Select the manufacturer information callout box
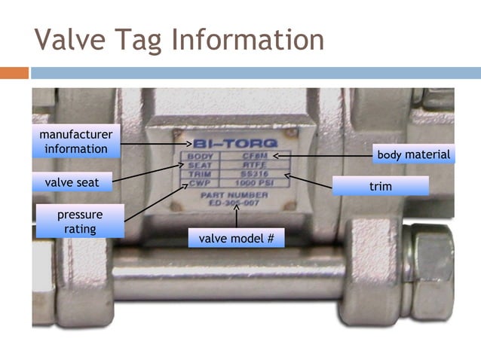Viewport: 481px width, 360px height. coord(76,141)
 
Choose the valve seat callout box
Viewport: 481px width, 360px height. coord(72,182)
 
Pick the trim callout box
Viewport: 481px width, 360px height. coord(381,185)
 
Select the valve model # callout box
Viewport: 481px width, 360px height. coord(236,239)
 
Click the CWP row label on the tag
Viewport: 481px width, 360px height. coord(198,184)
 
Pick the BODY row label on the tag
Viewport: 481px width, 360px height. coord(199,157)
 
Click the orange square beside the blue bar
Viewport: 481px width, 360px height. coord(14,73)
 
